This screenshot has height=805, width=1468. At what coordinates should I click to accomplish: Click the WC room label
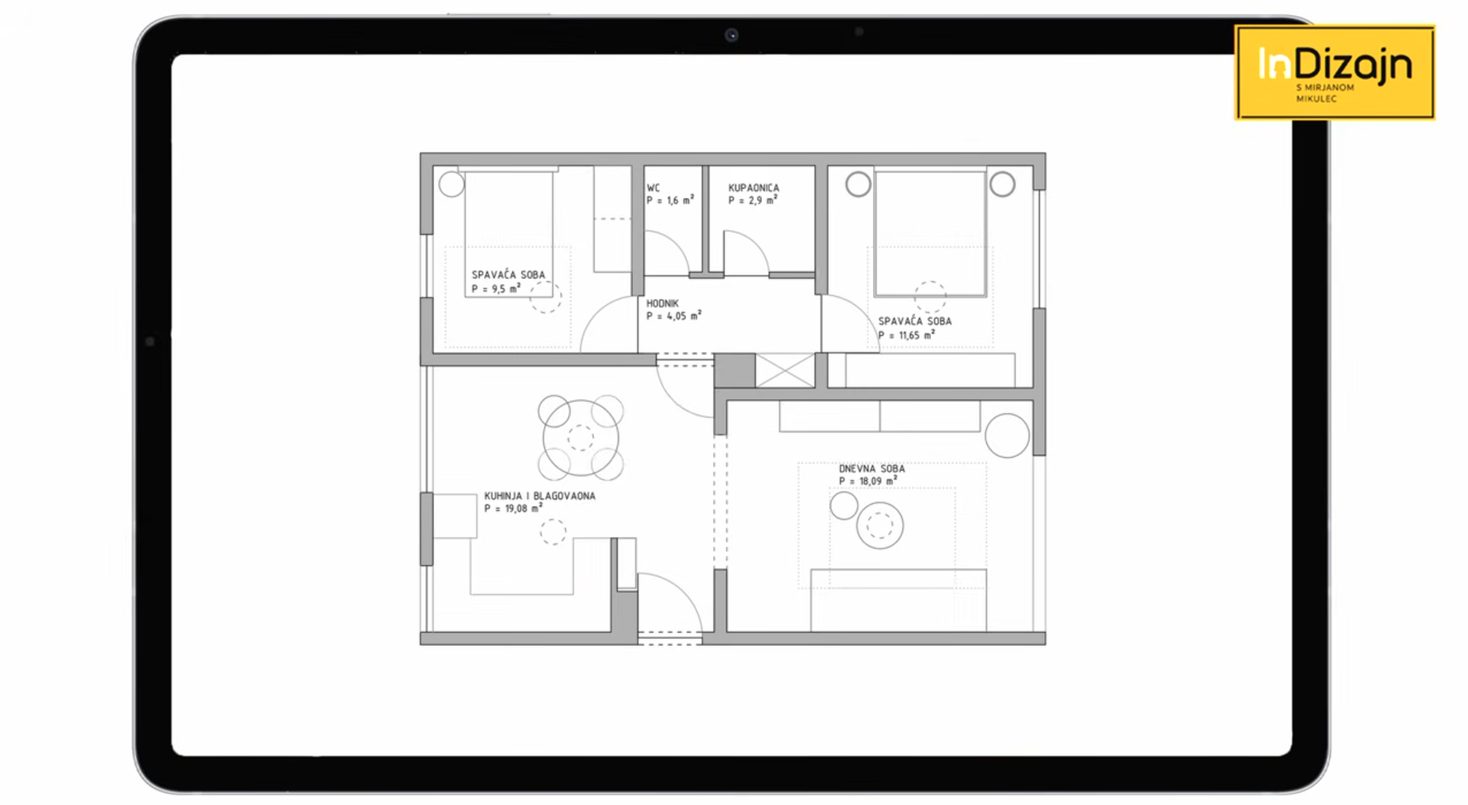[x=653, y=188]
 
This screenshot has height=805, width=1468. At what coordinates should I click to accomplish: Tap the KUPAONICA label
[x=754, y=188]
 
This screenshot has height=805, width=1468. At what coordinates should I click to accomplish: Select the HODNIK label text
[x=663, y=304]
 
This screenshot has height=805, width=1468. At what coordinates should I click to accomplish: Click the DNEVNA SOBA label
[x=872, y=468]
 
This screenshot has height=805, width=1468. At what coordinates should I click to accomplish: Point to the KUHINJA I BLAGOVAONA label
[x=540, y=496]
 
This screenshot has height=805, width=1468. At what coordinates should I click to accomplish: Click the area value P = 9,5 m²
[x=496, y=288]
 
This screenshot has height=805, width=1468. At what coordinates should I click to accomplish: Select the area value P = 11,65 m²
[x=907, y=335]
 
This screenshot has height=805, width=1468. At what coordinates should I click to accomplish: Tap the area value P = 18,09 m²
[x=868, y=481]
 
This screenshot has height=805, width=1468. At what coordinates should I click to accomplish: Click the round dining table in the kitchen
[x=581, y=438]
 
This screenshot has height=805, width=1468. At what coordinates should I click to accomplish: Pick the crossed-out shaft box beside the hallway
[x=785, y=370]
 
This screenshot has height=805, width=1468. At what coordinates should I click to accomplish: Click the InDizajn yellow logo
[x=1335, y=73]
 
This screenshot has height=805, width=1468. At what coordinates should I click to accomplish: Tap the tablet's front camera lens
[x=732, y=34]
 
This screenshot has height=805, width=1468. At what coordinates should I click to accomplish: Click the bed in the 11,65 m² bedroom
[x=930, y=233]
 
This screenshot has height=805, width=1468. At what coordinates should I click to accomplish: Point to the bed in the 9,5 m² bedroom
[x=509, y=234]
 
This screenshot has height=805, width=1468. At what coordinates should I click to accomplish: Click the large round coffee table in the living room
[x=880, y=525]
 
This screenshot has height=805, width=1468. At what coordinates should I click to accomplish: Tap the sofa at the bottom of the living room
[x=899, y=600]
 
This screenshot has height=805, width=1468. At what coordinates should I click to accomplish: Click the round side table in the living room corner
[x=1007, y=435]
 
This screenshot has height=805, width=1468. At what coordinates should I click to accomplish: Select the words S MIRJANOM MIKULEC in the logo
[x=1325, y=93]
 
